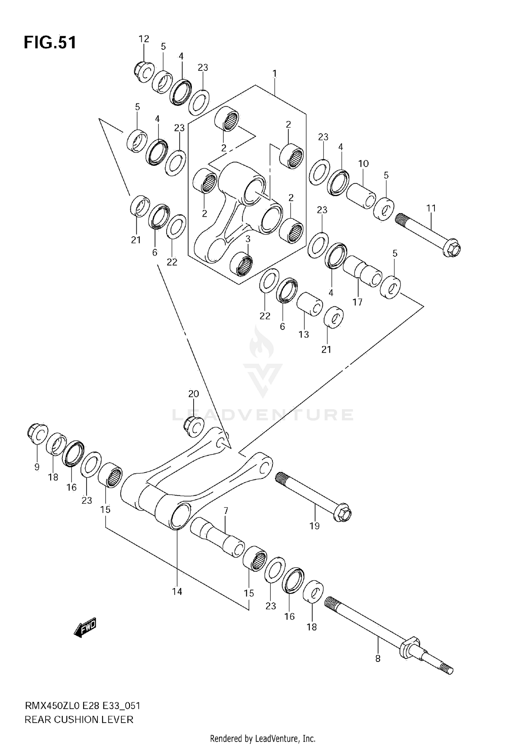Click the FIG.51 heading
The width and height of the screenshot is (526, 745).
point(50,43)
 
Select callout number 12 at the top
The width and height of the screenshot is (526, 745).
point(144,39)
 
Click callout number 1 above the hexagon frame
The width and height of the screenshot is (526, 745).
point(275,74)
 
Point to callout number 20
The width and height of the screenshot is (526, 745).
point(193,394)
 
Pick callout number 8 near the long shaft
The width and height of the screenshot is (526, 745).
point(378,659)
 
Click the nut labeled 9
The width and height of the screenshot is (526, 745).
point(37,435)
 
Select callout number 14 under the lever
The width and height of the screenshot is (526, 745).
point(177,592)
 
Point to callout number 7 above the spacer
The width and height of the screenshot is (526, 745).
point(226,511)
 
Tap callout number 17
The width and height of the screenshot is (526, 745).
point(357,302)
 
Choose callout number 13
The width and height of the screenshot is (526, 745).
point(304,334)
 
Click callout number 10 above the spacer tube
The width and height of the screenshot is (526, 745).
point(363,163)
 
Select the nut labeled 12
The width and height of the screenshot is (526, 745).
point(144,72)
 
